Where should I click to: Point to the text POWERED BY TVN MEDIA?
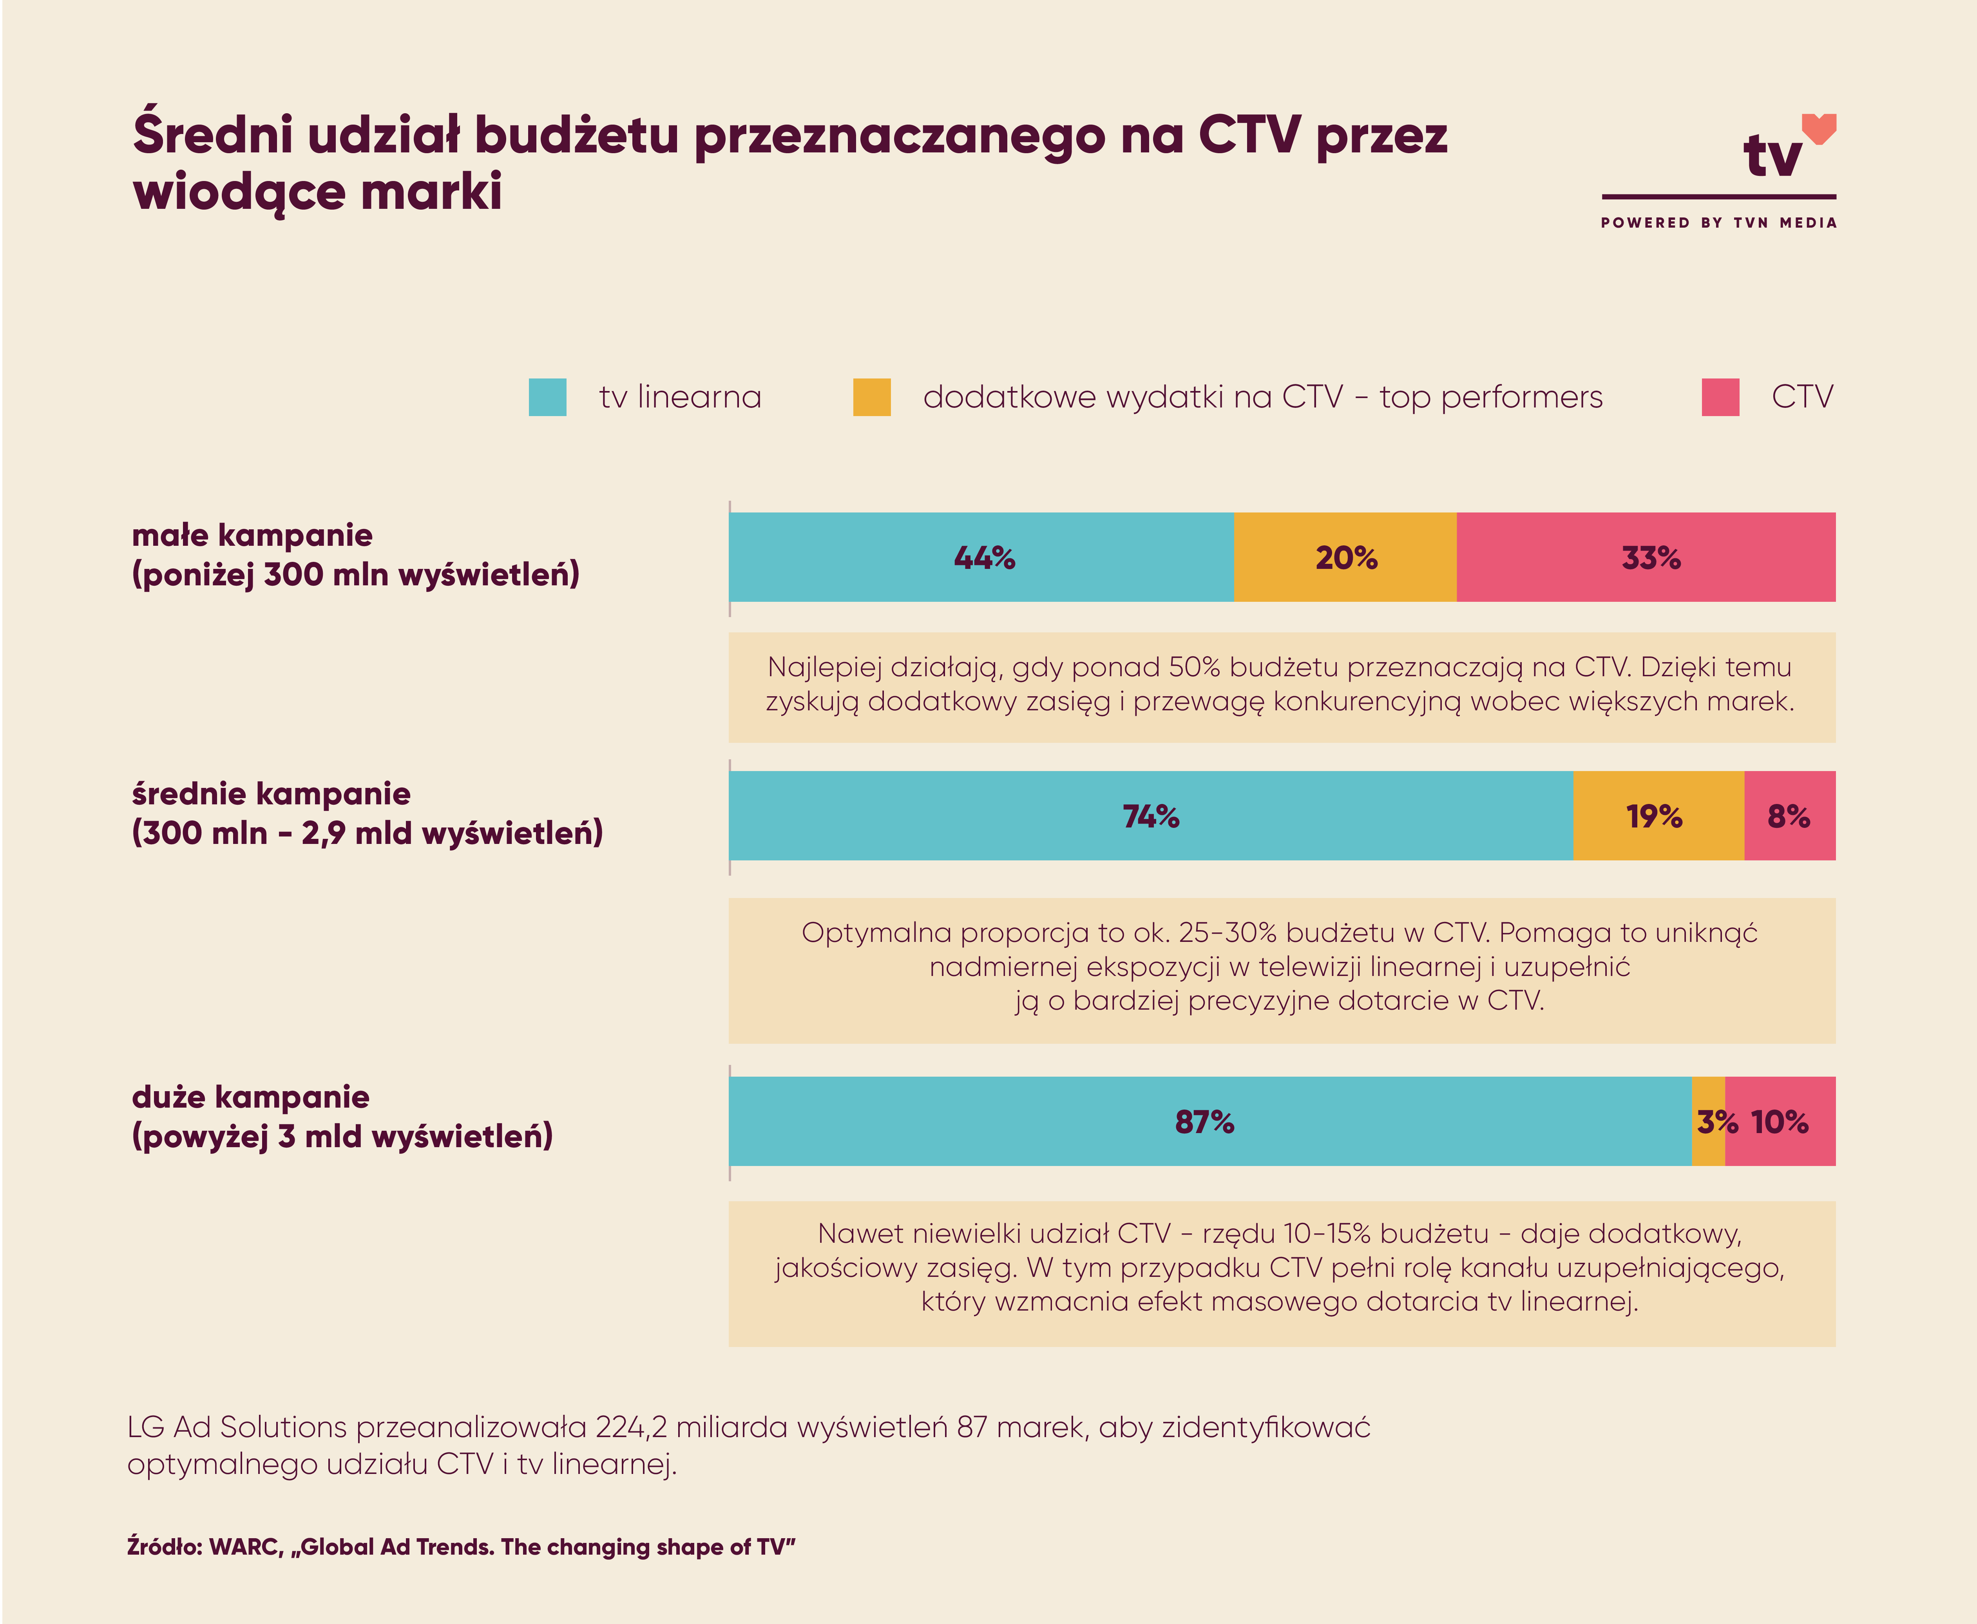(1718, 223)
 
